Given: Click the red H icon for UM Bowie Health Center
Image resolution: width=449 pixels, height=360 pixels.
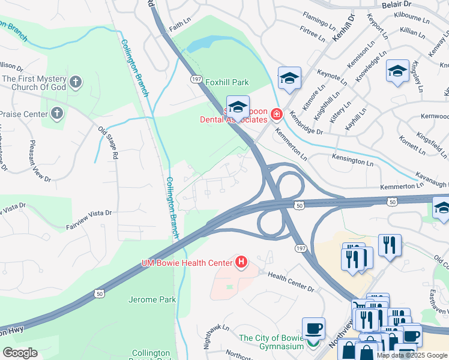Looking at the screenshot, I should tap(241, 262).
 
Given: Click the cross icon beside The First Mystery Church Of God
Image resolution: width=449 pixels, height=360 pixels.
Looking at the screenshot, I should tap(75, 81).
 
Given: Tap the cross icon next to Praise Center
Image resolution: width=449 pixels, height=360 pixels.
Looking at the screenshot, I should tap(56, 113).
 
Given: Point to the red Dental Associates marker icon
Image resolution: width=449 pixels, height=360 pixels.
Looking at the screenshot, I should tap(276, 113).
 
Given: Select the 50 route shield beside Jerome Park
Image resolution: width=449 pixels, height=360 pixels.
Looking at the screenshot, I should tap(98, 293).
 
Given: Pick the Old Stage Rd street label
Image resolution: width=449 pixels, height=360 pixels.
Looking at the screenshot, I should tap(108, 142).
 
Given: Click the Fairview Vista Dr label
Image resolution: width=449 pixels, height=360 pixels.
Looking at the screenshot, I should tap(89, 212).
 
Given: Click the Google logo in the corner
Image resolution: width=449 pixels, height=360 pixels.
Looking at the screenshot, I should tap(20, 352).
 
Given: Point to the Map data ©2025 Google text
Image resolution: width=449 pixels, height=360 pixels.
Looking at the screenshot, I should tap(411, 355).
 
